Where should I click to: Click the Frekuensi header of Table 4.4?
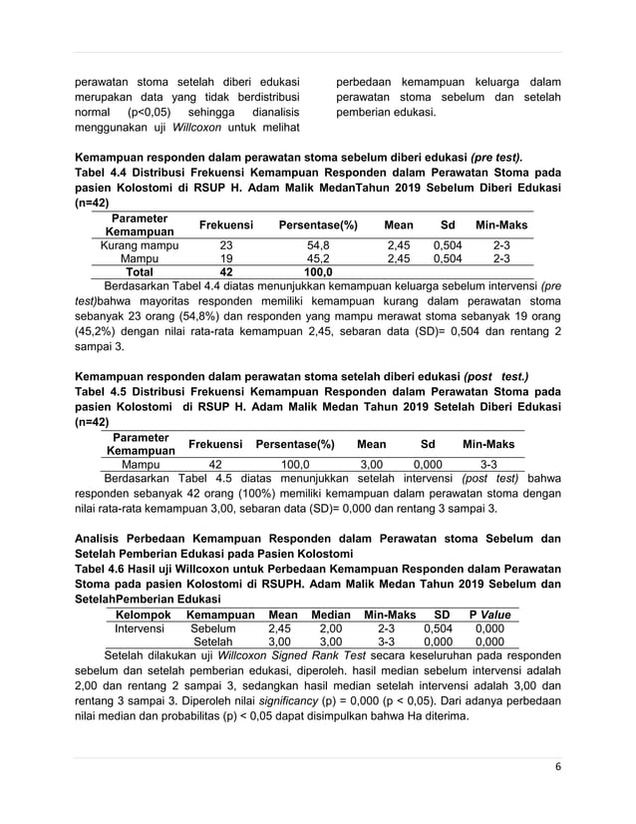pyautogui.click(x=225, y=225)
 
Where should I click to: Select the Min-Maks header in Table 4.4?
pyautogui.click(x=501, y=225)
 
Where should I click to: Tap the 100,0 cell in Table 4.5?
pyautogui.click(x=295, y=464)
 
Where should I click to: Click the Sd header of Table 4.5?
pyautogui.click(x=428, y=444)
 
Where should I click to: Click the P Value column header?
pyautogui.click(x=489, y=615)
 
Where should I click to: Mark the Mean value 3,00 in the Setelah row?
pyautogui.click(x=282, y=643)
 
